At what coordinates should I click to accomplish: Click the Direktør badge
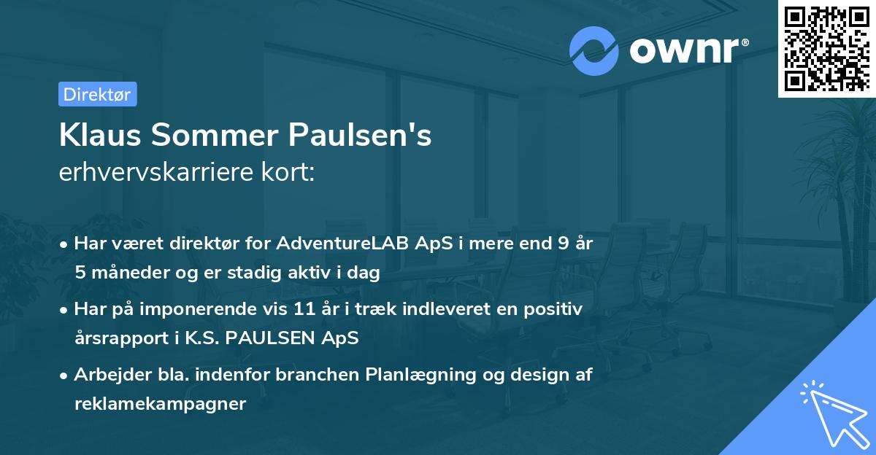(x=97, y=94)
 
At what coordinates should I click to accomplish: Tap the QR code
(x=826, y=48)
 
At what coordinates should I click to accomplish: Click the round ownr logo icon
(x=594, y=50)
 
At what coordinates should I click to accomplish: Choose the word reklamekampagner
(x=160, y=404)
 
